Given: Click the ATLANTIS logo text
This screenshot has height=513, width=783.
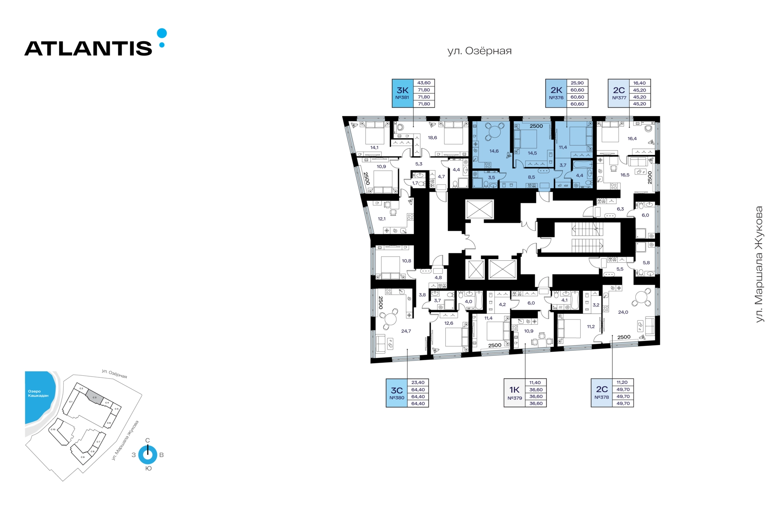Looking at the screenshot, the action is (x=88, y=48).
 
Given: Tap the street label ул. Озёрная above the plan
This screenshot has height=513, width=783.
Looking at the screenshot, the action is (x=479, y=51).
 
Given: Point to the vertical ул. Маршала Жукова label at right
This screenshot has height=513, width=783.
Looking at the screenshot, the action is (x=759, y=264).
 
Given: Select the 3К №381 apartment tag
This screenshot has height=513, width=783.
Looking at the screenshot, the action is (x=403, y=93).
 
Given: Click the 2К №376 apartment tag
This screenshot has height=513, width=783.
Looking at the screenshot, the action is (x=556, y=93).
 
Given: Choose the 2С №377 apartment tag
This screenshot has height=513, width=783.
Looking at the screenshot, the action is (x=619, y=93).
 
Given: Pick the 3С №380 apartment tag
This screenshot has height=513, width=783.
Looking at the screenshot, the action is (x=397, y=393).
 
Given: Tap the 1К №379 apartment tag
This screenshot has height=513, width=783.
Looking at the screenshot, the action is (x=515, y=393).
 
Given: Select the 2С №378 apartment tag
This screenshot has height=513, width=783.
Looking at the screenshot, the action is (x=602, y=393).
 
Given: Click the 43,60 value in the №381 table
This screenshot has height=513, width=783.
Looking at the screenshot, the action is (x=424, y=83).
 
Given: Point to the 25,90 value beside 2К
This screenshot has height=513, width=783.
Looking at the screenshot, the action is (x=577, y=83).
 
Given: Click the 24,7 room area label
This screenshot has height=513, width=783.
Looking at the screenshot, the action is (x=406, y=331).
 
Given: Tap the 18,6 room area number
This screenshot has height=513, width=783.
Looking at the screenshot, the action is (x=433, y=138).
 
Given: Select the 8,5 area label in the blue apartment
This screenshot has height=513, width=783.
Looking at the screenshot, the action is (x=531, y=177).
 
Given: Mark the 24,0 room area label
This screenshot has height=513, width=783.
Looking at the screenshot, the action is (x=623, y=313).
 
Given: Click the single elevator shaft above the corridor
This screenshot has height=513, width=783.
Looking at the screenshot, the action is (x=480, y=210).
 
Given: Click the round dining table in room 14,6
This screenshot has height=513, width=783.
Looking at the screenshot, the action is (x=495, y=132).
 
